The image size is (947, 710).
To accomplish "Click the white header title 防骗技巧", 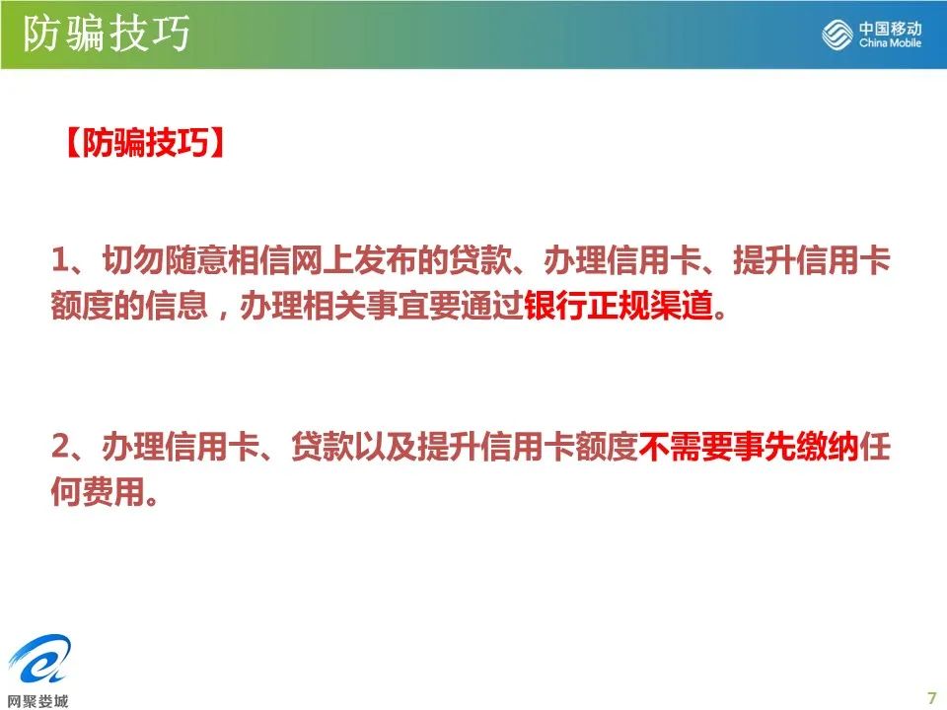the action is click(x=107, y=34).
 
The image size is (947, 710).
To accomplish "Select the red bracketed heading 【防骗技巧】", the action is click(x=145, y=143).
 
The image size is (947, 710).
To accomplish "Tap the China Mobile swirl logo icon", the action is click(x=838, y=34).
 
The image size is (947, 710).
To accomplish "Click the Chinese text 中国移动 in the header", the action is click(x=890, y=28).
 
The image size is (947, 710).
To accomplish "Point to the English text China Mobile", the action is click(x=890, y=42).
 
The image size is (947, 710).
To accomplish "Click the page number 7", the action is click(x=931, y=697).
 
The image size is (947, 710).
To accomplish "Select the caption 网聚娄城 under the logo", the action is click(x=38, y=700).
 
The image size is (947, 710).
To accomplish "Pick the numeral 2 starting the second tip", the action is click(x=61, y=447).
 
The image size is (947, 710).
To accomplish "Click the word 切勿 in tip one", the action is click(x=133, y=260).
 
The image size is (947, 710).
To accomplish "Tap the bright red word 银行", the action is click(x=555, y=306).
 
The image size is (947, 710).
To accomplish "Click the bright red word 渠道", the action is click(x=682, y=306).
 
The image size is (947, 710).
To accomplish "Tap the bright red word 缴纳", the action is click(x=828, y=447).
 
